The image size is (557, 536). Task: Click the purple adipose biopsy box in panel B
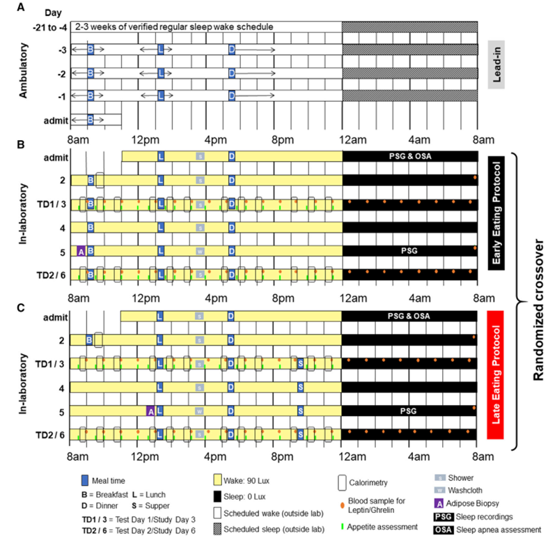point(81,251)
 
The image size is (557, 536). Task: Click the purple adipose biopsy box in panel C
point(150,411)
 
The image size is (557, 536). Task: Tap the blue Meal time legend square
point(85,480)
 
